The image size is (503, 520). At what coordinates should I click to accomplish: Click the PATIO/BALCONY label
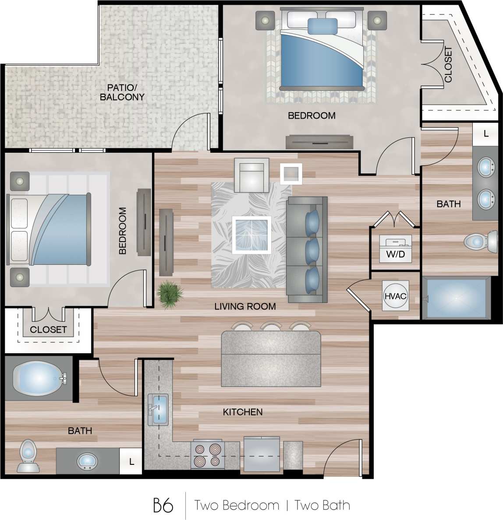tap(122, 92)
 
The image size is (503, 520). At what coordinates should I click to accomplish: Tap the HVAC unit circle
tap(395, 296)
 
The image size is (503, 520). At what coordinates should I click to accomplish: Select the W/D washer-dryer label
tap(395, 254)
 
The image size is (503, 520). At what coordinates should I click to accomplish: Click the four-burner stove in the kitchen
tap(208, 455)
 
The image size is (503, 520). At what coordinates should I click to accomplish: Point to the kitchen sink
tap(158, 410)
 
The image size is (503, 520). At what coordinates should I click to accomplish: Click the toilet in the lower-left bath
tap(28, 456)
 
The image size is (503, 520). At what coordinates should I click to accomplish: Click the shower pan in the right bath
tap(456, 298)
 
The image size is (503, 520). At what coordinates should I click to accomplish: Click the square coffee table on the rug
tap(251, 235)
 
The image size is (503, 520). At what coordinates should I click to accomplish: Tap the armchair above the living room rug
tap(251, 176)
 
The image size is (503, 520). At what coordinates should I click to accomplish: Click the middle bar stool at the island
tap(271, 327)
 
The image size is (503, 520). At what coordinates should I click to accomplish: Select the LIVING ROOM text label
tap(245, 306)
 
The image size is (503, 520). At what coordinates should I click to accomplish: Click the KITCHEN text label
tap(243, 412)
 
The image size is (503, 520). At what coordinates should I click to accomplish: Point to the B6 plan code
tap(163, 506)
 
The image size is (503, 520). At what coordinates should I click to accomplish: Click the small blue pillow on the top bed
tap(322, 26)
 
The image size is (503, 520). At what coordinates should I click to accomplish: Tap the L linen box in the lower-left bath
tap(131, 461)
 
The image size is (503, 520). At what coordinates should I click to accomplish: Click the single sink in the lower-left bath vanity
tap(88, 461)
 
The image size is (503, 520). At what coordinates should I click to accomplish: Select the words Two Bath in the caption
tap(322, 506)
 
